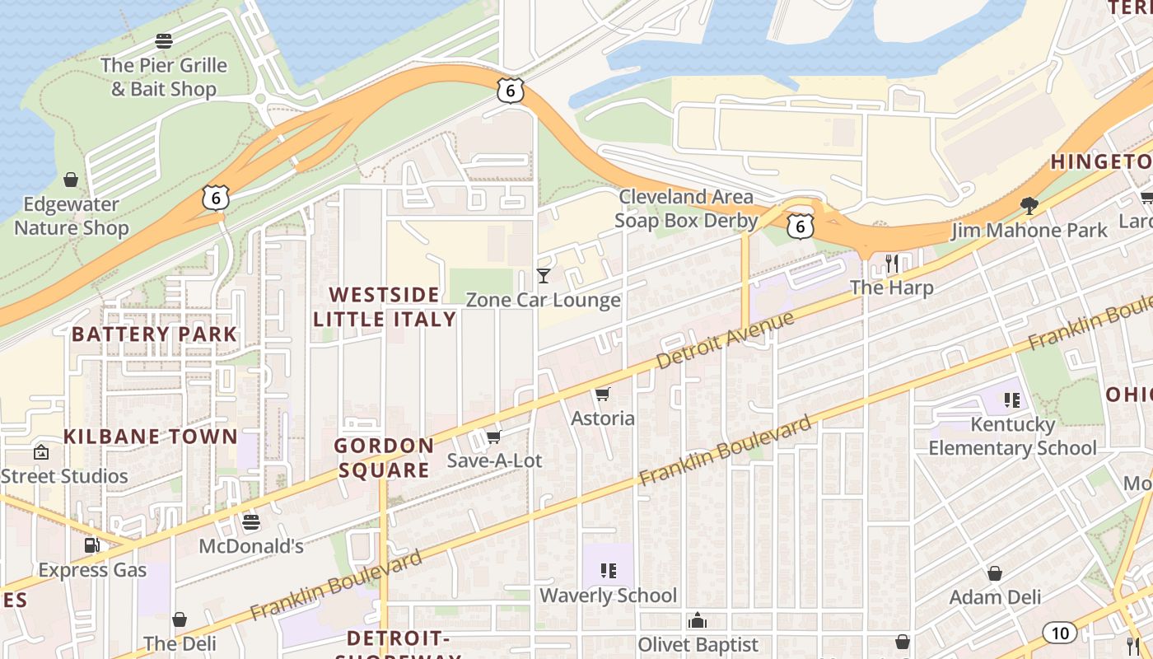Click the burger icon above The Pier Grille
[164, 41]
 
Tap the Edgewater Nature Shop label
[71, 216]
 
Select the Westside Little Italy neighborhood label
[385, 306]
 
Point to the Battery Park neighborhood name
[154, 334]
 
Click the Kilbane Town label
[151, 437]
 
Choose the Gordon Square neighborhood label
[384, 458]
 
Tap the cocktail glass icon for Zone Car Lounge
[544, 276]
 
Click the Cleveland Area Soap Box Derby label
[686, 208]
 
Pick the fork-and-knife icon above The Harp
[892, 264]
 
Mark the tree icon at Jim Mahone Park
[1029, 205]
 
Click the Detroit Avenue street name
[725, 340]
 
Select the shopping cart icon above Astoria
[603, 395]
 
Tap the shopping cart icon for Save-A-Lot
[493, 437]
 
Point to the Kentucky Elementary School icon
[1012, 400]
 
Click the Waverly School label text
[608, 595]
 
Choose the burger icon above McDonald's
[251, 522]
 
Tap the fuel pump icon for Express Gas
[92, 545]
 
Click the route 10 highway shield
[1059, 633]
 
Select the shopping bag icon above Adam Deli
[995, 573]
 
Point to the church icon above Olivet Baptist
[698, 620]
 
